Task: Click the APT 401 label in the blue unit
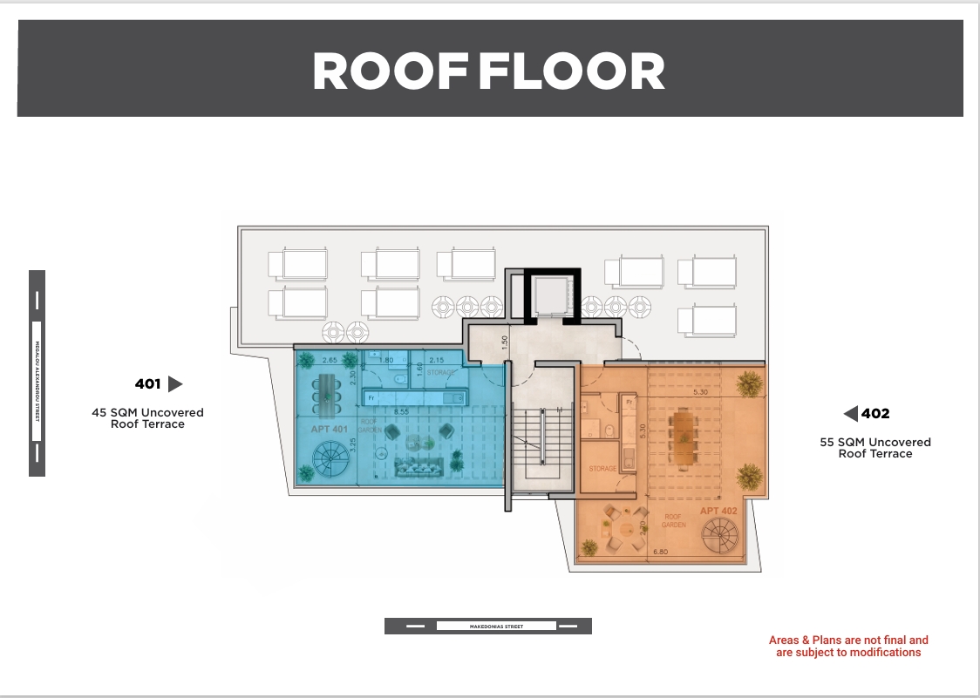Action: pos(329,430)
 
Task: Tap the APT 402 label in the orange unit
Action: pos(718,511)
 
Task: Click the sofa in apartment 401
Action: pos(416,467)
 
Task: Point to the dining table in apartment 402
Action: pos(683,438)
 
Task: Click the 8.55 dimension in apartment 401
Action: pos(401,411)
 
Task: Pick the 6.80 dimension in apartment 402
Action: pos(659,552)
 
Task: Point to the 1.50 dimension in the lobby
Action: pos(505,343)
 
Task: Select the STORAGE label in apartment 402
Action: pos(602,469)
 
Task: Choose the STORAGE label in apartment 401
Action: pos(441,373)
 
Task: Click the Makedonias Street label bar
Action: pos(487,626)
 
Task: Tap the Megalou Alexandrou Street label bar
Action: pos(37,373)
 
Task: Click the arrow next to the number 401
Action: pos(174,383)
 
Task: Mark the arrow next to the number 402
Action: pos(850,413)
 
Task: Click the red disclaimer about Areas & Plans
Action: pos(848,646)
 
